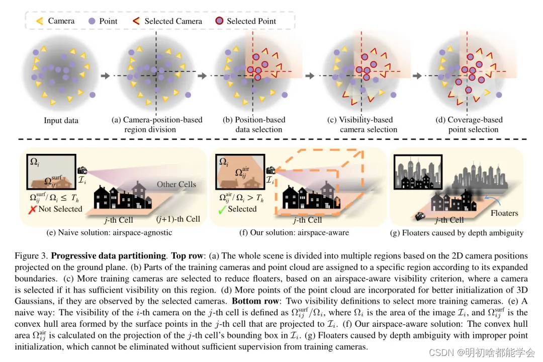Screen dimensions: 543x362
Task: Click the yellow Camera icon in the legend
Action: [x=39, y=21]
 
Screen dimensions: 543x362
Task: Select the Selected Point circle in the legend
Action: [x=219, y=21]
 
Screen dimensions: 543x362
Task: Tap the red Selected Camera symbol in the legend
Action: [x=136, y=21]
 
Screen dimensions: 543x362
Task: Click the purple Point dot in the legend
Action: [x=92, y=21]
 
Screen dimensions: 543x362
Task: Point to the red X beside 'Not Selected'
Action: [x=33, y=209]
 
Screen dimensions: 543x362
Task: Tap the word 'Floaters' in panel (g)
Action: [x=504, y=213]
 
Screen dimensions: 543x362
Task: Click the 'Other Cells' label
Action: [x=176, y=184]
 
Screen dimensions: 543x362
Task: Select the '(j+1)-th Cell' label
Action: [x=178, y=219]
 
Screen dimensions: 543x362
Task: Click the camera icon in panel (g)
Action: [x=419, y=216]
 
